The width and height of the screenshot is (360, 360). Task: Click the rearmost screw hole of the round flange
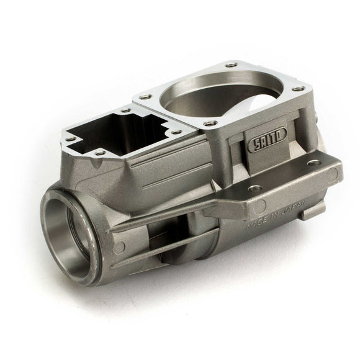232,63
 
